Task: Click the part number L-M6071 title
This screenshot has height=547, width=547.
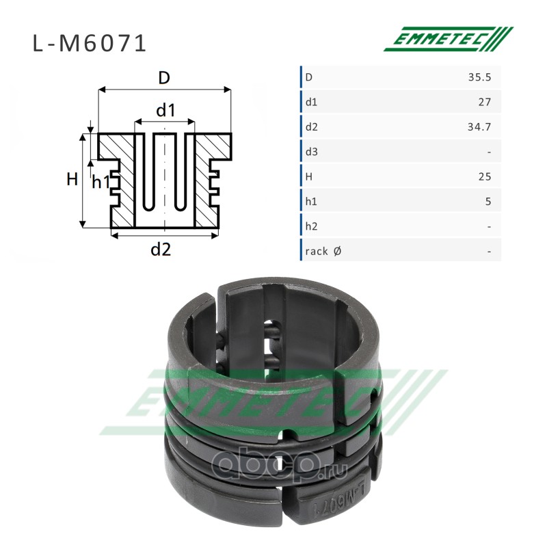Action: (90, 44)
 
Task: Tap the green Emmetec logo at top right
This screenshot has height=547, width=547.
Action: (449, 39)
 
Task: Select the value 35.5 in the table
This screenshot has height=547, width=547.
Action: (479, 77)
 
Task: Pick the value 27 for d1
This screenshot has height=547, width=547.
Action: (485, 102)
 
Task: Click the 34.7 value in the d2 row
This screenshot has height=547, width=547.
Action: (479, 127)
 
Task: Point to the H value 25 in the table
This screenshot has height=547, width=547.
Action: (485, 176)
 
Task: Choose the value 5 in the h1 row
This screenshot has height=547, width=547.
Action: (488, 201)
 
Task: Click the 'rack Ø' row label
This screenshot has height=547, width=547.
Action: (323, 251)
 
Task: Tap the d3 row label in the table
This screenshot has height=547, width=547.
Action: (312, 152)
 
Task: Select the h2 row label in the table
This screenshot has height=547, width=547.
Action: (312, 226)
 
